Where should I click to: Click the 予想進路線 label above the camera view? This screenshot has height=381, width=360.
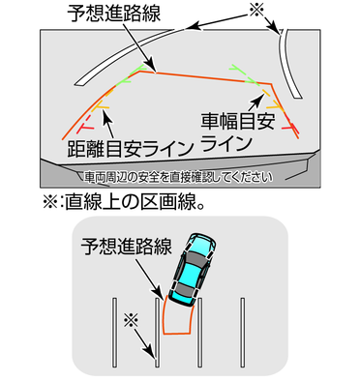[113, 14]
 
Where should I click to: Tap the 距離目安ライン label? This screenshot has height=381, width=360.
[131, 148]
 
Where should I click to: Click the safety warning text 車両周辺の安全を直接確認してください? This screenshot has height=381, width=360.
[178, 177]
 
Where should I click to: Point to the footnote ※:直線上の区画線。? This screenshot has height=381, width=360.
[124, 202]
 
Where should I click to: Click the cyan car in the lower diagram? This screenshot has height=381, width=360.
[192, 269]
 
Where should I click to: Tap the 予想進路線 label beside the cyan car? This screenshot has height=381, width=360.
[126, 247]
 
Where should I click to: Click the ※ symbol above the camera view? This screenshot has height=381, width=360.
[256, 10]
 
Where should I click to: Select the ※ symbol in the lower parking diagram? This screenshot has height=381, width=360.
[131, 320]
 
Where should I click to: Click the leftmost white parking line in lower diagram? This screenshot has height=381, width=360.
[114, 333]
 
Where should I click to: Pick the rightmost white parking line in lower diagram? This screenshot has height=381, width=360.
[242, 333]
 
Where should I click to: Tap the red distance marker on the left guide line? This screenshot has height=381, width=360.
[85, 128]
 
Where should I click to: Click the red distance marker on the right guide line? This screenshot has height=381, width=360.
[291, 128]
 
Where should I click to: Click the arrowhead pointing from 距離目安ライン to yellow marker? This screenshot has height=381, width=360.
[105, 115]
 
